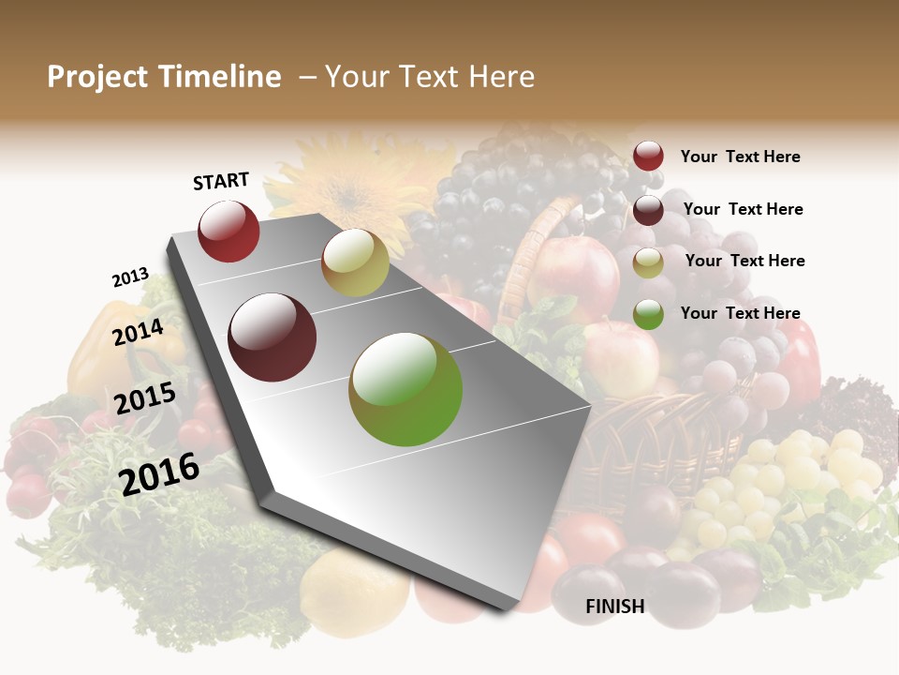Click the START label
(x=221, y=181)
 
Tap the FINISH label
(x=614, y=607)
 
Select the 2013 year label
(x=130, y=277)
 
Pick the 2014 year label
(x=139, y=333)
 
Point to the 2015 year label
(x=145, y=397)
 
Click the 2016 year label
(x=159, y=473)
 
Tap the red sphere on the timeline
(x=228, y=232)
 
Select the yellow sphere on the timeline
(x=355, y=262)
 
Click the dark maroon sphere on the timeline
(x=273, y=337)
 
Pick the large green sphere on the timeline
(x=405, y=389)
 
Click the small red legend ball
(x=648, y=157)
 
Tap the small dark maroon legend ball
(x=648, y=210)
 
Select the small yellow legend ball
(x=648, y=262)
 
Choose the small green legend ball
(x=648, y=314)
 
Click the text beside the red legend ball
(x=740, y=157)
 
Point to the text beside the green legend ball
(x=740, y=313)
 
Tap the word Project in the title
(x=97, y=77)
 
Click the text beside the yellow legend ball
(x=744, y=261)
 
